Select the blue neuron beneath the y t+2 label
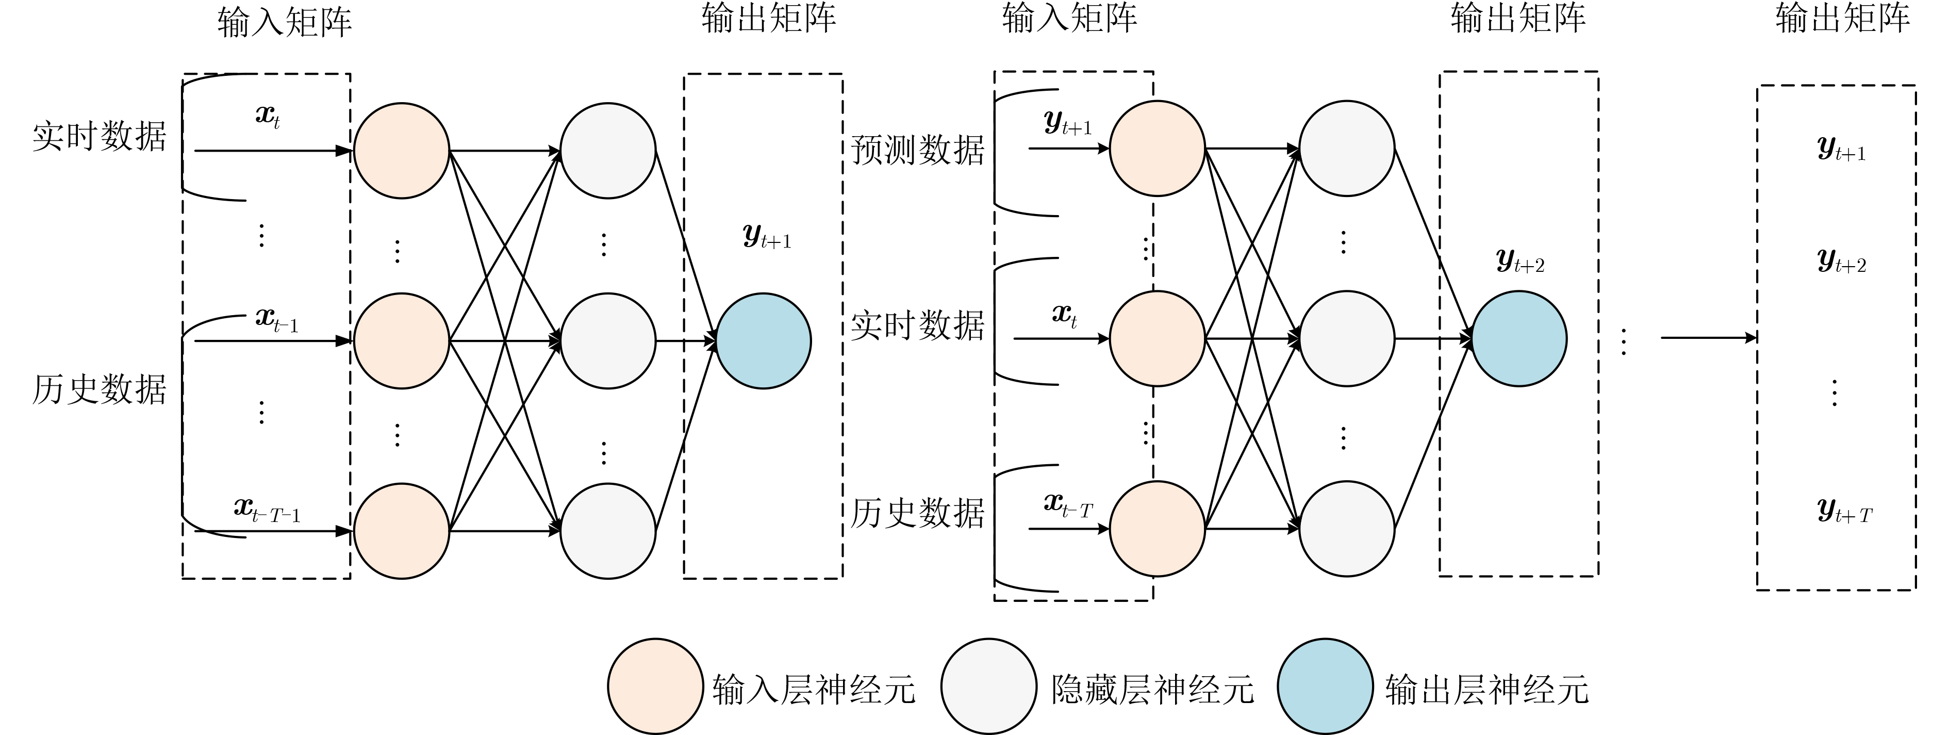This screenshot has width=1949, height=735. click(1518, 338)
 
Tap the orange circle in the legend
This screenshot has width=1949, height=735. click(655, 687)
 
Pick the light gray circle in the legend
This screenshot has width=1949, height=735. click(988, 687)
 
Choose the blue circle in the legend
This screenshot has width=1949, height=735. click(1325, 687)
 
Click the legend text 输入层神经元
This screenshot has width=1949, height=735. click(813, 689)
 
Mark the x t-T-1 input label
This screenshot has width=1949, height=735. click(267, 510)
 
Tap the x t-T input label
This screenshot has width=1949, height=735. click(1067, 505)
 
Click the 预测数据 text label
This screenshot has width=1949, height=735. click(917, 150)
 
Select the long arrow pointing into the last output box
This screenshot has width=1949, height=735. click(1708, 338)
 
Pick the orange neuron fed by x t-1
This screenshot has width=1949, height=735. click(401, 340)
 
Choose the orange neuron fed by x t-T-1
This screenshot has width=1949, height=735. click(401, 531)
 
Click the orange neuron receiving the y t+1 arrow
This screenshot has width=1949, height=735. click(1157, 149)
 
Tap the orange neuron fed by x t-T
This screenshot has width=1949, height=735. click(1157, 528)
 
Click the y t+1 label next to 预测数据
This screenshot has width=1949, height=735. click(1067, 123)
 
